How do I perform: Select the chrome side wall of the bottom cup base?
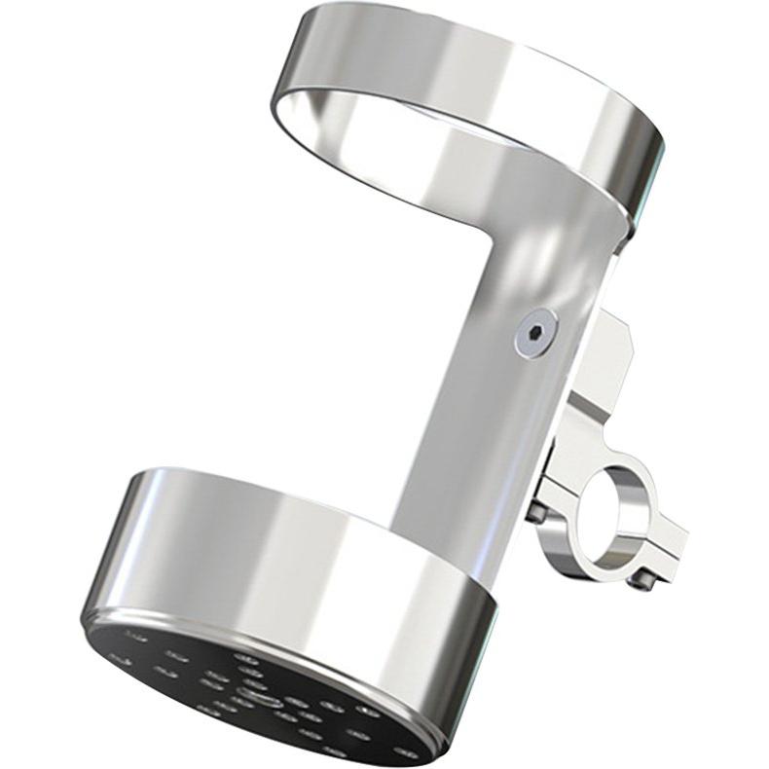pos(292,555)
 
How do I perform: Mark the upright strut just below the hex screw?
pos(506,409)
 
